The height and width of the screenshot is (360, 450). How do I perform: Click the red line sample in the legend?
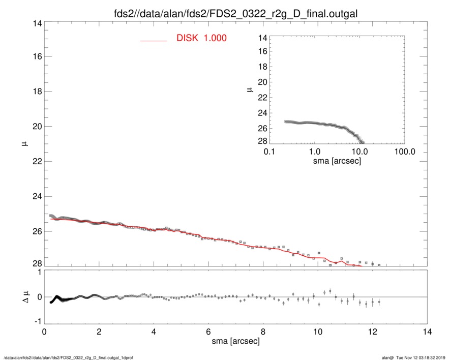154,40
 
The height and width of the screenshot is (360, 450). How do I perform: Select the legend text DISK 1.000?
201,38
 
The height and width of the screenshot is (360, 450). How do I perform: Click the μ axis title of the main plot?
23,144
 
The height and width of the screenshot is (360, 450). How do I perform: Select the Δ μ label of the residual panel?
21,297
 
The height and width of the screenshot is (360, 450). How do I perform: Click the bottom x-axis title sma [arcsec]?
235,341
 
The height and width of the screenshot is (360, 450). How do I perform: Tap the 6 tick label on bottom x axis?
208,331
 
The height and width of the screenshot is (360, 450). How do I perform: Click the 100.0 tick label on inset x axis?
404,152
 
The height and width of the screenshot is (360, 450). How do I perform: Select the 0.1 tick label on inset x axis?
269,152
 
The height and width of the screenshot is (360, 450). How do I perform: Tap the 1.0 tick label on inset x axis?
314,152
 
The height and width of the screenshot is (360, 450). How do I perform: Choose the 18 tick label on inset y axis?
262,67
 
